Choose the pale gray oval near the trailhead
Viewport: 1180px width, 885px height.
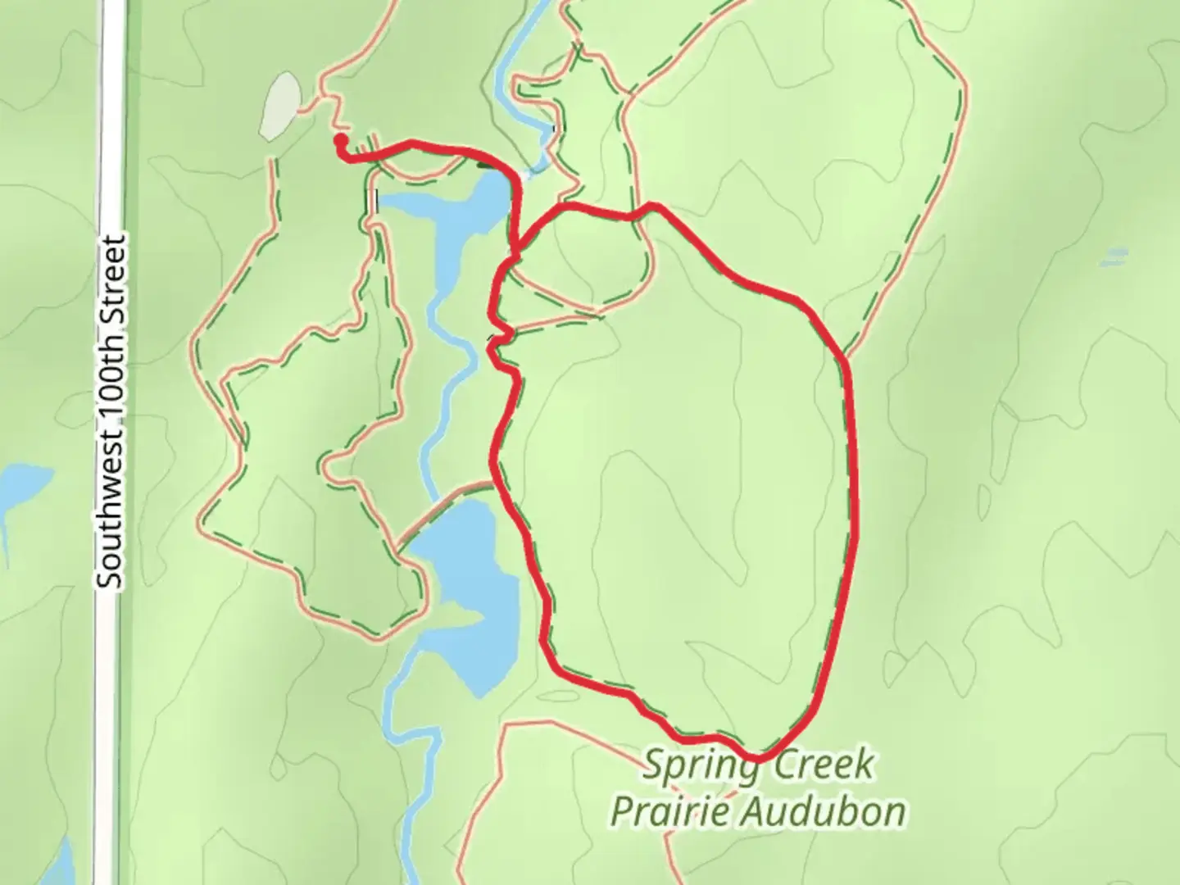[x=279, y=106]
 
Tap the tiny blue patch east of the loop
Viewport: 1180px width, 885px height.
[x=1113, y=258]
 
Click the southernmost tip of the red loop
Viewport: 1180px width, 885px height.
[x=758, y=759]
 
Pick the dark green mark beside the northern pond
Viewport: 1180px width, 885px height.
[x=488, y=165]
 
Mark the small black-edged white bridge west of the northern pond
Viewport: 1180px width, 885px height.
[x=375, y=199]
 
